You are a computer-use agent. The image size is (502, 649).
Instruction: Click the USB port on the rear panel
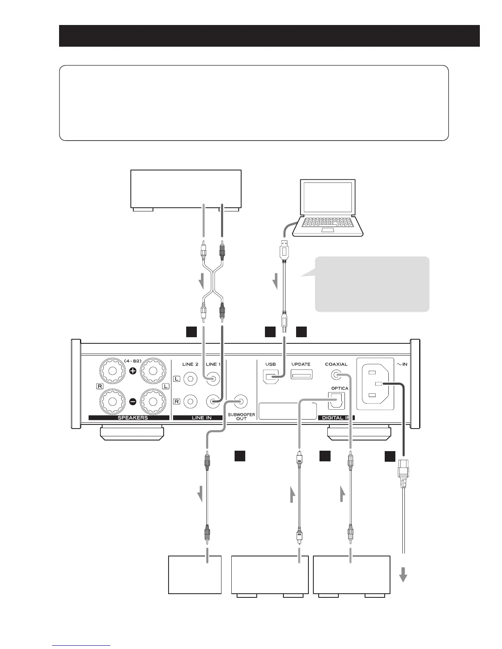270,377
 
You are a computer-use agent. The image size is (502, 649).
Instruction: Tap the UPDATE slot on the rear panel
301,374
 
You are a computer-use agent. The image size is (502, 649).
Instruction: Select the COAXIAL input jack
336,374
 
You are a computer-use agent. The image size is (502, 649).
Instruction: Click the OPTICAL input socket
337,401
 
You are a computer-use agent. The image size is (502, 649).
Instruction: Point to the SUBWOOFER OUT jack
241,402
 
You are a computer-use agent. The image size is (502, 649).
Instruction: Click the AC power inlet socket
375,384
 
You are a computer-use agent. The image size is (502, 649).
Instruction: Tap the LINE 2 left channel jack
190,379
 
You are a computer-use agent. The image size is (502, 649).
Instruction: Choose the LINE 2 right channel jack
190,402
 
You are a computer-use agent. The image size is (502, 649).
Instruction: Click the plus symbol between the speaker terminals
133,371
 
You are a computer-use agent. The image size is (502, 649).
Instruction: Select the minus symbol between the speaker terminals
133,402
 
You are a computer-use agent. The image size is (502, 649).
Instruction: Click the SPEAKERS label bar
129,418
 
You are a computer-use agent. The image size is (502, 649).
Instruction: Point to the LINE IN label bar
198,418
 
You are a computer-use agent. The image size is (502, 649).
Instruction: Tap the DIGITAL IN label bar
336,418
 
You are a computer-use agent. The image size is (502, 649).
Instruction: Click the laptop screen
328,197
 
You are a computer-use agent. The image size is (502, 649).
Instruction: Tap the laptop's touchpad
328,230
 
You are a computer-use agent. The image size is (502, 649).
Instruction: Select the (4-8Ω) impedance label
133,361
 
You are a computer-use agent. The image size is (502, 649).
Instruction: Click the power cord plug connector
403,472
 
